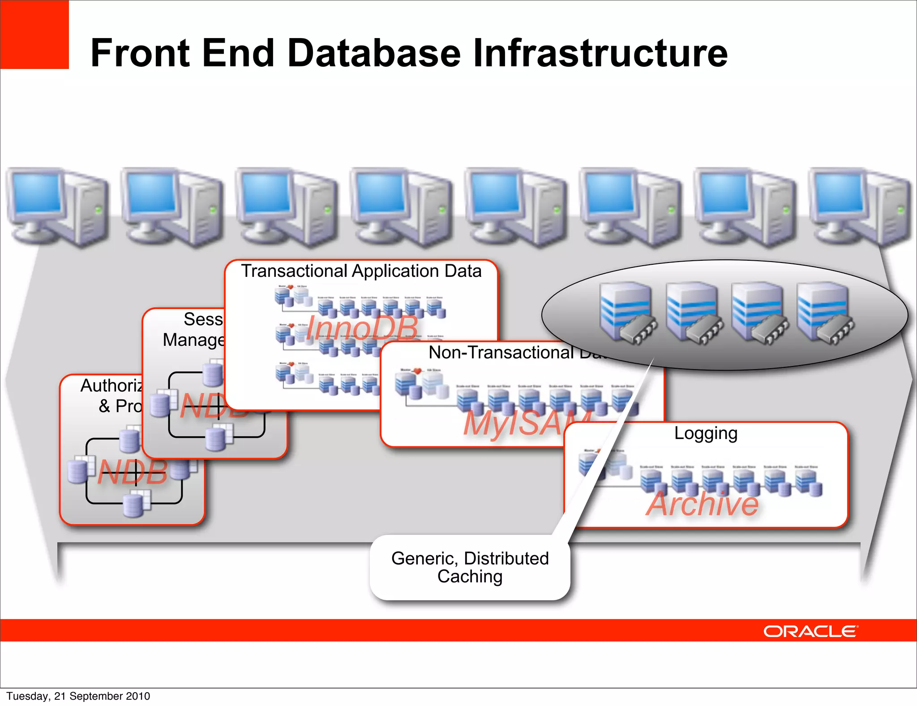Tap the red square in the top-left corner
pos(34,34)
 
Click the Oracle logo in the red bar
pos(810,631)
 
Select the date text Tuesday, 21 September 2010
pos(78,696)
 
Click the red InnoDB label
pos(362,328)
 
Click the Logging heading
pos(706,434)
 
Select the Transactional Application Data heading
pos(361,271)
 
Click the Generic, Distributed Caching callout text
pos(470,567)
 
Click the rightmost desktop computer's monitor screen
pos(838,194)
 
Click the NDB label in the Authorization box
pos(133,472)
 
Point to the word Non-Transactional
pos(501,353)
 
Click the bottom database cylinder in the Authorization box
pos(133,505)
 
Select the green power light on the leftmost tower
pos(99,209)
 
